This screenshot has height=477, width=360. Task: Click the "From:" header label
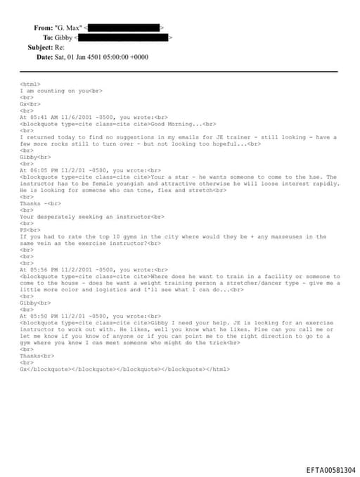click(43, 27)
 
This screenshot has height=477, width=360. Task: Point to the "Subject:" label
click(40, 47)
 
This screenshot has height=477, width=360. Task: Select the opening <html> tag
click(30, 84)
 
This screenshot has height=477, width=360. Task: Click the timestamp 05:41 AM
click(44, 117)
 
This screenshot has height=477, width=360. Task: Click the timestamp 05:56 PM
click(44, 269)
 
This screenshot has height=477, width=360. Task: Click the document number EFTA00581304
click(330, 469)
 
